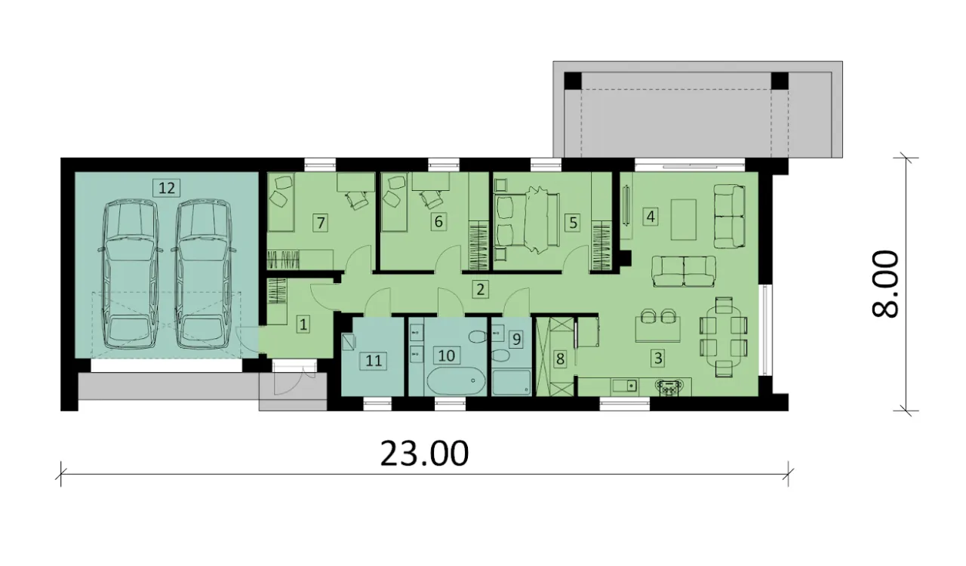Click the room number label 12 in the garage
click(167, 188)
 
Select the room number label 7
click(321, 223)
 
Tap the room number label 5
click(573, 223)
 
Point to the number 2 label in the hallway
click(481, 290)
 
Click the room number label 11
click(374, 360)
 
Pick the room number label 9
click(516, 340)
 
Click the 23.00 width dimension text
click(424, 454)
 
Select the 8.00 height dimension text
click(885, 285)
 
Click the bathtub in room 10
click(456, 381)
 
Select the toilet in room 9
click(500, 356)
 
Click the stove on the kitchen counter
click(669, 386)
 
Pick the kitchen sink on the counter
click(626, 385)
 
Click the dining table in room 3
click(724, 337)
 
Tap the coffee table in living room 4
click(684, 220)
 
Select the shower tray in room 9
click(512, 382)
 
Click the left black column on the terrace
click(573, 81)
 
